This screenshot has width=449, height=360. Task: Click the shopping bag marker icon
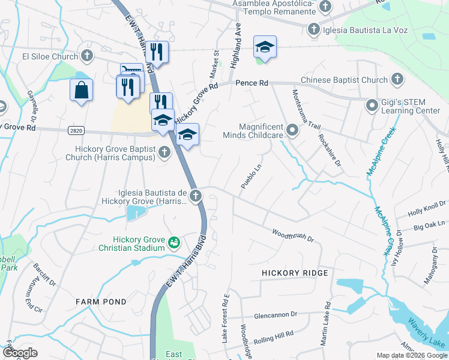coord(81,91)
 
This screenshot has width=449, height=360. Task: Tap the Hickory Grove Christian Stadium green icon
coord(174,243)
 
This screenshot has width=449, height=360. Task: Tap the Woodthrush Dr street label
coord(293,235)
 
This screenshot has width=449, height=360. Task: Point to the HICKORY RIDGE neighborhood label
coord(295,273)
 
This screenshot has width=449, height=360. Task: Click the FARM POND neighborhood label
coord(101,302)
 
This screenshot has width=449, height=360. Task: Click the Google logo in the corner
coord(20,353)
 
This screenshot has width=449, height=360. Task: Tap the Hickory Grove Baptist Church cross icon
coord(164,154)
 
